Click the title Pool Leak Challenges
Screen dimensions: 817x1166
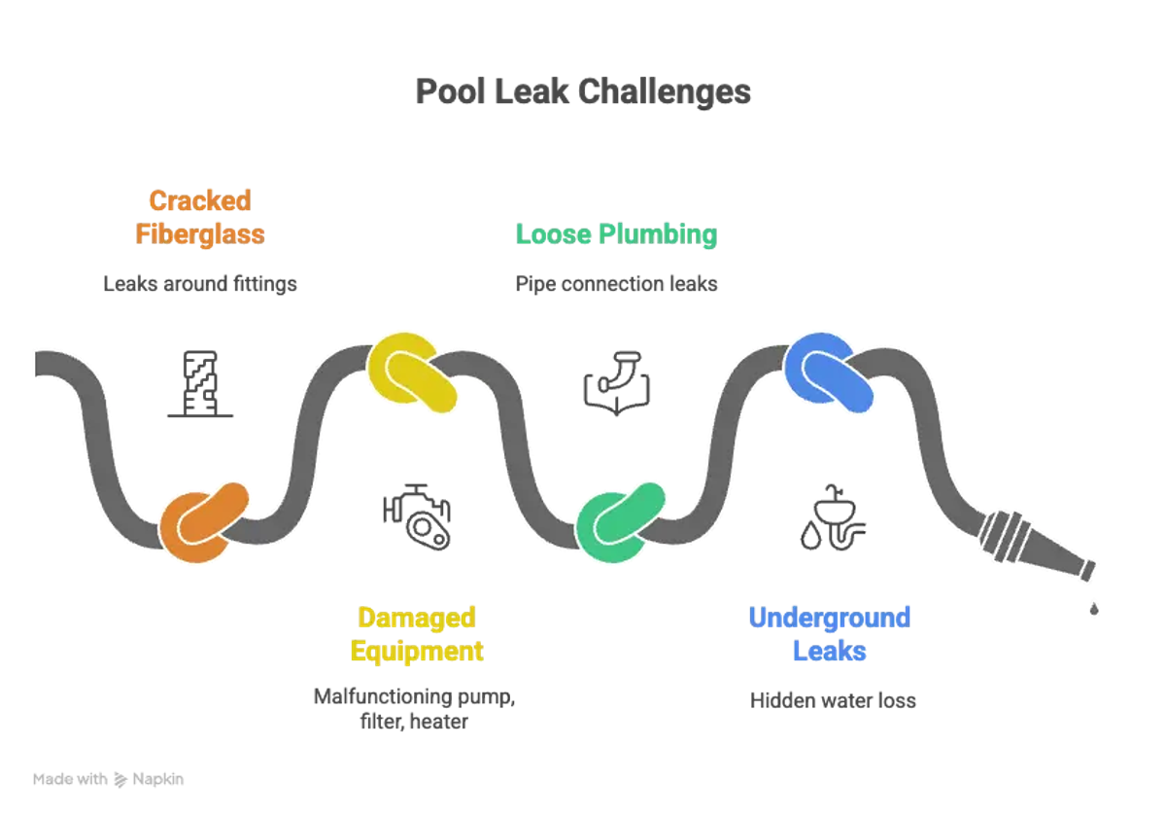[583, 92]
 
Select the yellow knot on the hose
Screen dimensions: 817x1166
[413, 373]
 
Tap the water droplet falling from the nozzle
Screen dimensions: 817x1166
[1094, 609]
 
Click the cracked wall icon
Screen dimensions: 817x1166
[199, 384]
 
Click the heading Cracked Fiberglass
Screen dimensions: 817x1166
[200, 217]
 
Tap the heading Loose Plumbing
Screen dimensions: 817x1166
[616, 234]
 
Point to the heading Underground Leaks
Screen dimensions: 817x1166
[829, 633]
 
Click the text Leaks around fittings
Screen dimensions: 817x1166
[200, 284]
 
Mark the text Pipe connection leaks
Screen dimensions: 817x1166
[616, 284]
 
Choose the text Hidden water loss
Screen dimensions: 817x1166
[833, 700]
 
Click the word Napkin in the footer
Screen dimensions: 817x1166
[158, 779]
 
